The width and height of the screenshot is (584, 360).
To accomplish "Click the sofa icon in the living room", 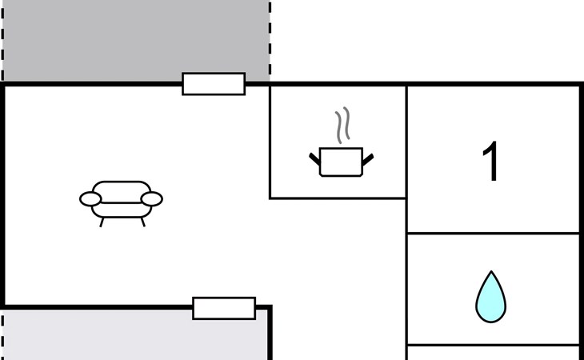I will pos(121,200).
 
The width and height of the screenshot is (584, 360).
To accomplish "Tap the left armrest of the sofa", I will pos(90,198).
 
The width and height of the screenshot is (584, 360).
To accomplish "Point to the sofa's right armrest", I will pos(152,198).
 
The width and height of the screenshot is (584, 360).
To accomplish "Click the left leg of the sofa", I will pos(102,222).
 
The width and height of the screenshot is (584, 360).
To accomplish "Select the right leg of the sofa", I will pos(142,222).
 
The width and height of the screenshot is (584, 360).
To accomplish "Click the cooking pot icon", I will pos(342,161).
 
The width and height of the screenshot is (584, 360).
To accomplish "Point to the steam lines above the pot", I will pos(342,126).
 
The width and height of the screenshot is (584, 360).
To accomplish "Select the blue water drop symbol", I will pos(490,297).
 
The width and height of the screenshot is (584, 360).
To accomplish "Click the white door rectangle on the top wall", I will pos(214,84).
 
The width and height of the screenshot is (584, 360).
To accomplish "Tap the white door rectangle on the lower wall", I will pos(224,308).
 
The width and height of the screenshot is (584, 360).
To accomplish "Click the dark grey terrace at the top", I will pos(136,40).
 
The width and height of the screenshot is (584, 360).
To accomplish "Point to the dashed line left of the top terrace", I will pos(3,40).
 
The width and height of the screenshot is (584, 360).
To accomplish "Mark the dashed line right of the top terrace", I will pos(270,40).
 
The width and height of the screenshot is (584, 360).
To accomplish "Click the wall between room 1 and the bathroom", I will pos(492,234).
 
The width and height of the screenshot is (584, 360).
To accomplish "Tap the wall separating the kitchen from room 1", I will pos(406,140).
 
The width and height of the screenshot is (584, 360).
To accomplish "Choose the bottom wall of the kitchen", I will pos(338,198).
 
